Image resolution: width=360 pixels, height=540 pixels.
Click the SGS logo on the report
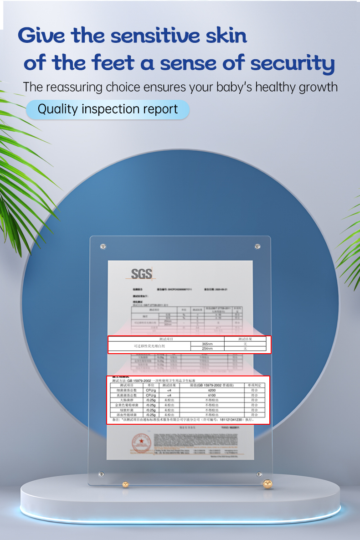141,274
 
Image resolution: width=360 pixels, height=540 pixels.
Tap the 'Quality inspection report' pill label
108,109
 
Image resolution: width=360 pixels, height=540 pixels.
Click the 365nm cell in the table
207,344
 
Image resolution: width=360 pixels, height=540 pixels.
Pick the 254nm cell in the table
207,349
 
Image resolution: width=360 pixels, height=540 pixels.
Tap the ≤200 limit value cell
211,391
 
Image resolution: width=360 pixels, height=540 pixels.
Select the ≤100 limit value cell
211,395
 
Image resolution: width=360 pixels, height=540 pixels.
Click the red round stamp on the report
141,443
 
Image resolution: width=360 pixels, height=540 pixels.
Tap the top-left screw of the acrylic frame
103,247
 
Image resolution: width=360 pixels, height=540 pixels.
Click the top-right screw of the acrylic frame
257,247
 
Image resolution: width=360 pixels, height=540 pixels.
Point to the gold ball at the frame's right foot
267,483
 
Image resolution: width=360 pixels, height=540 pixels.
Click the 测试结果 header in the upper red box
245,339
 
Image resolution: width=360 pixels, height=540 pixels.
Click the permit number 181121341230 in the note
232,420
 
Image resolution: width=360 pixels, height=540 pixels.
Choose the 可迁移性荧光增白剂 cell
149,346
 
